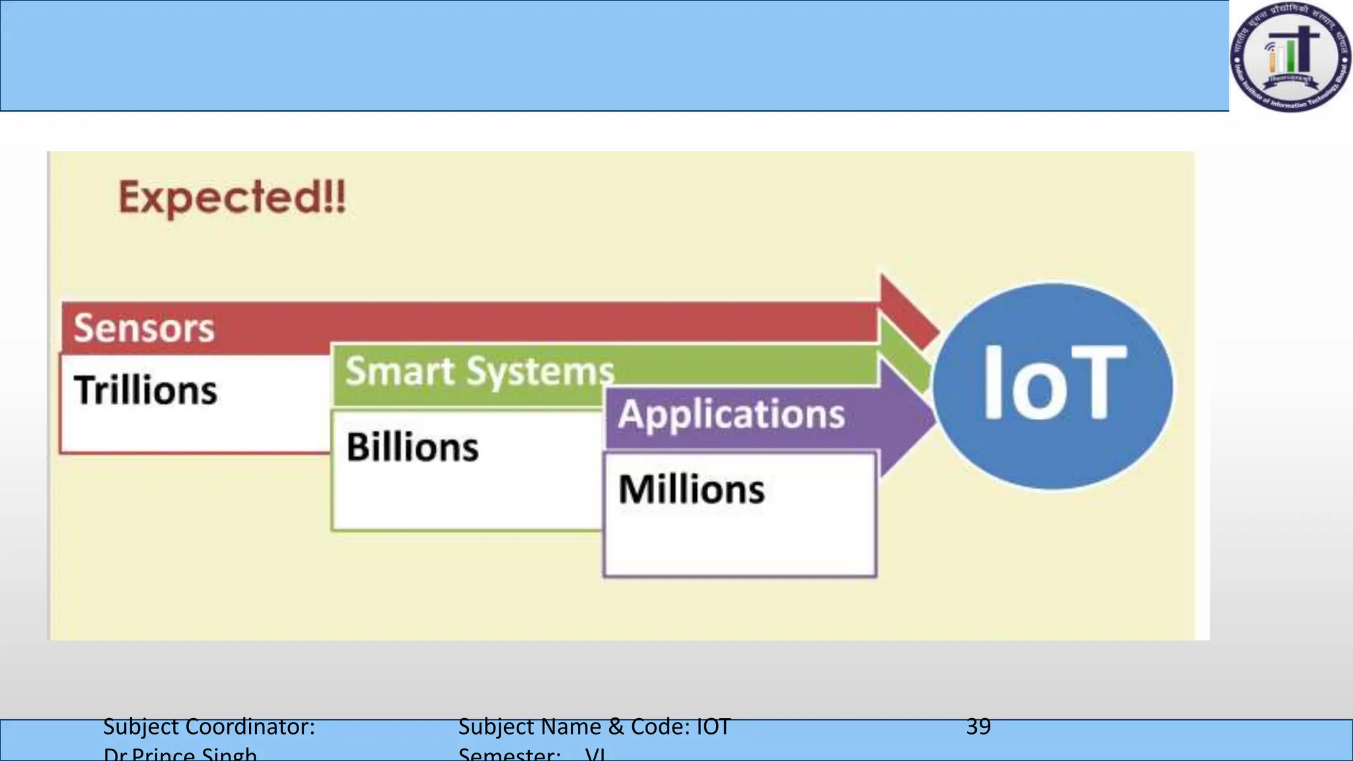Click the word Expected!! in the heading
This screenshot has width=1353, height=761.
232,198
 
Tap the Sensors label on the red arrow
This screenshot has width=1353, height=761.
144,328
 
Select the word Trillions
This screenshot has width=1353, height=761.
145,390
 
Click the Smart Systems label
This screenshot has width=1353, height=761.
480,371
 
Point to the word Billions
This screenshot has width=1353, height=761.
412,447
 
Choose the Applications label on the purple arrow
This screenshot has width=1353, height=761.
731,415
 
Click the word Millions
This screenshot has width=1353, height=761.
691,489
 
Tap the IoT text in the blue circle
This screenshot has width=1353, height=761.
1053,384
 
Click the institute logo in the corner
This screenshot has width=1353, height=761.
1290,57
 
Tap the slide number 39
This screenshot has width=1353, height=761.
978,727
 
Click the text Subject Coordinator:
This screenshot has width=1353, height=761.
209,727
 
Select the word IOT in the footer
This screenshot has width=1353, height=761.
713,727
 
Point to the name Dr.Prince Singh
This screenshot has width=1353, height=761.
180,754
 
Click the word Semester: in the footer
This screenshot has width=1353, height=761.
509,754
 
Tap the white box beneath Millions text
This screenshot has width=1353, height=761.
740,542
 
